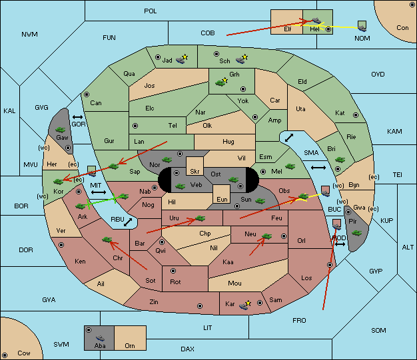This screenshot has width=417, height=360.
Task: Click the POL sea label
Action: tap(151, 11)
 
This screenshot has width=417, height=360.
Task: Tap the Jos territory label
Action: tap(149, 86)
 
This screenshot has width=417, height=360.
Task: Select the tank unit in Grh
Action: tap(220, 83)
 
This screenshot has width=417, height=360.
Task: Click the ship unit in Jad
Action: tap(181, 61)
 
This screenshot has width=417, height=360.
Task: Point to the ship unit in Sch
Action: tap(240, 61)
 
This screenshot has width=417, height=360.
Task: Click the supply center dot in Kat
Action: tap(356, 115)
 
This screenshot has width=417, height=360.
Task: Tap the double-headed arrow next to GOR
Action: tap(78, 117)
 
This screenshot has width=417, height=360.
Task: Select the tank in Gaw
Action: tap(60, 130)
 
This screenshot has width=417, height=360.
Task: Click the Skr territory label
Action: tap(195, 172)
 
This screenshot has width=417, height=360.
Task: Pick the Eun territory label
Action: tap(222, 200)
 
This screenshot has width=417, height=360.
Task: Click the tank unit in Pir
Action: tap(356, 233)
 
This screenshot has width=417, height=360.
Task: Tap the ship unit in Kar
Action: tap(244, 306)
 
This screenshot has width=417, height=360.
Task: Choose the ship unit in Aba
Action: tap(101, 337)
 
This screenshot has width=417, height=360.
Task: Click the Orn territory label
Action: tap(130, 345)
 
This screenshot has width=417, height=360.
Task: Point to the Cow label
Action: tap(24, 353)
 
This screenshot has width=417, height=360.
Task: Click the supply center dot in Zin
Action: tap(200, 306)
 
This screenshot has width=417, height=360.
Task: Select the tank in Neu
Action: tap(266, 236)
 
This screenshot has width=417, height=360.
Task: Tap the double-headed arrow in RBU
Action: tap(128, 222)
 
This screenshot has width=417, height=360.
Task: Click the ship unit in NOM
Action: tap(362, 27)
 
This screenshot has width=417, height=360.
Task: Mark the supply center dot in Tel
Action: tap(135, 125)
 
